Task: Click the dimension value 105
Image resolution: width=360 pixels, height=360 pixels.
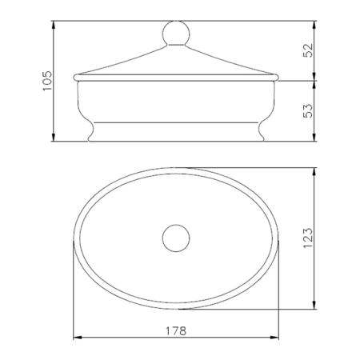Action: (47, 81)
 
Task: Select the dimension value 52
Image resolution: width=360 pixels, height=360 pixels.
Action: (308, 50)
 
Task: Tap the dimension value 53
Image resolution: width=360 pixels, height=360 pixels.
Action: (308, 111)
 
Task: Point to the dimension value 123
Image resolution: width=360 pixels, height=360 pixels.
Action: (308, 238)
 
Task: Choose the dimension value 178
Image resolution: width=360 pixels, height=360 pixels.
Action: (176, 331)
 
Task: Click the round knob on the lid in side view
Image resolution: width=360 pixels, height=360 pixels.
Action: (176, 34)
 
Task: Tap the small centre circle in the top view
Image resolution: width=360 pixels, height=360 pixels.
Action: (176, 238)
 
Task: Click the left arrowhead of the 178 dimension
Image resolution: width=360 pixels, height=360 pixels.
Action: (78, 338)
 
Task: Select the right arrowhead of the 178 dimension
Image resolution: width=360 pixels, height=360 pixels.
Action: (274, 338)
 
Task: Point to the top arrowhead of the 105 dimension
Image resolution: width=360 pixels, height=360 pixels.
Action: (54, 25)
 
